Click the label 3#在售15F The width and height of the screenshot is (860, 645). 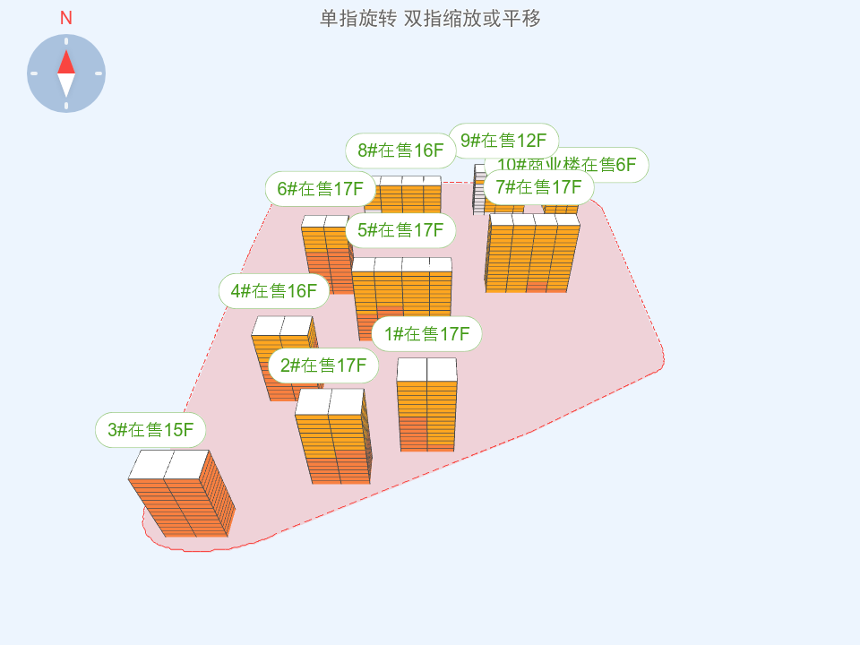click(x=150, y=430)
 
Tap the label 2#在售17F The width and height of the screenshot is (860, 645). click(x=323, y=365)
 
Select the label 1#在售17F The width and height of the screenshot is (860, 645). click(x=426, y=334)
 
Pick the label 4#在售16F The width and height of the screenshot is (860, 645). click(x=273, y=291)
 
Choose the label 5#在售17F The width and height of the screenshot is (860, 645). click(x=400, y=230)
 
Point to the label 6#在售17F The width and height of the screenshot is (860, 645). click(x=320, y=188)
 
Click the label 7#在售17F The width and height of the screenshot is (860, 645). click(x=538, y=187)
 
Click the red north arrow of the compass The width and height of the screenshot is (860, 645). click(x=66, y=62)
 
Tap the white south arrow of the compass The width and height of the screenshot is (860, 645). click(x=66, y=85)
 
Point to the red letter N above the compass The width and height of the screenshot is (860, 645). click(x=66, y=18)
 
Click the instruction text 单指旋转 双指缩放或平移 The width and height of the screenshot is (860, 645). click(x=430, y=18)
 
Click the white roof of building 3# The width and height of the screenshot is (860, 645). click(x=168, y=464)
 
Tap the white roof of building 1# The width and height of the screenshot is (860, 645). click(x=426, y=369)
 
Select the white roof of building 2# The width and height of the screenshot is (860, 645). click(x=329, y=402)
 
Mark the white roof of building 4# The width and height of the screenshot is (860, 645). click(x=281, y=326)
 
